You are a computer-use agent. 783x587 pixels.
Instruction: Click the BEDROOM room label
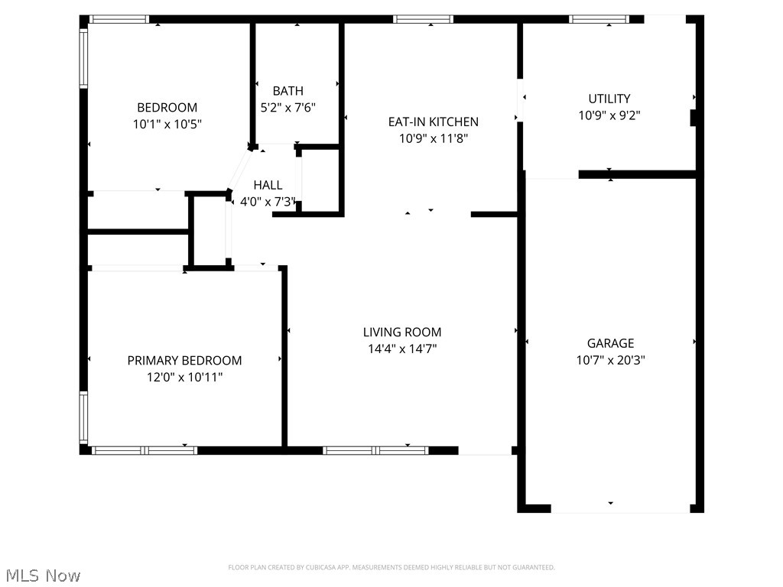tap(167, 108)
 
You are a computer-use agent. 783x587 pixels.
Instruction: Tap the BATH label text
tap(288, 91)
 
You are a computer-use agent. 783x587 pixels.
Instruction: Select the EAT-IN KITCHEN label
tap(433, 122)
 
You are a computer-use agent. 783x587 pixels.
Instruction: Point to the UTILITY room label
tap(609, 99)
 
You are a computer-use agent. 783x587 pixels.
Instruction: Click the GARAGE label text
tap(610, 344)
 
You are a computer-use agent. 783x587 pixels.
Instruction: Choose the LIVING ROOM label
tap(401, 332)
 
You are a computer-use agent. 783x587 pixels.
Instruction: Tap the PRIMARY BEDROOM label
tap(184, 361)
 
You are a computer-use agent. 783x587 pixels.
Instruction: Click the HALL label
tap(268, 185)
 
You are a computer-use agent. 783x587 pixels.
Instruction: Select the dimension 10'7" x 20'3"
tap(610, 361)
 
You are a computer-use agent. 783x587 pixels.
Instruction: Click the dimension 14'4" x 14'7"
tap(401, 349)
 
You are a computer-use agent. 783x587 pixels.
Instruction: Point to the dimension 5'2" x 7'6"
tap(288, 108)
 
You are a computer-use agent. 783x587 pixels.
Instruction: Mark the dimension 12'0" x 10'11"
tap(184, 377)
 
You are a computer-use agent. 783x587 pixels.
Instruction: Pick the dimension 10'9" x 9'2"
tap(609, 115)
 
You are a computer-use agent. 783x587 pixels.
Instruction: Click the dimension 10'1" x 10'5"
tap(167, 124)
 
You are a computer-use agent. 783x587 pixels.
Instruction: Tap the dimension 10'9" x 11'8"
tap(433, 138)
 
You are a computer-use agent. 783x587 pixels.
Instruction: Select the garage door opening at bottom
tap(620, 508)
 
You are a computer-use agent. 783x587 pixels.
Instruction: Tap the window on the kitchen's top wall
tap(423, 19)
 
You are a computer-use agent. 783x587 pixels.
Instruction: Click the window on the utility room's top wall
tap(599, 19)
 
